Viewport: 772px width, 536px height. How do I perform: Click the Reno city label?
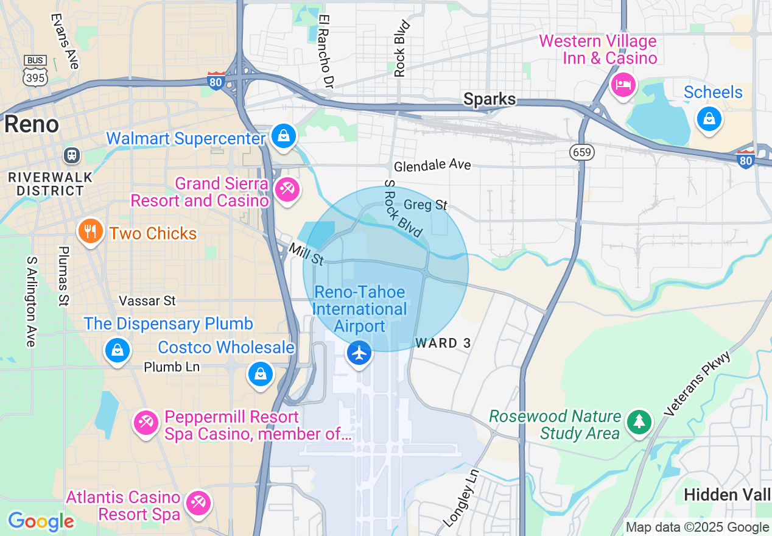click(32, 124)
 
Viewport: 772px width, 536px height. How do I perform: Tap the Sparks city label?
click(490, 99)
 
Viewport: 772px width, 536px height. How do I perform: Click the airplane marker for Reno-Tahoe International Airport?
click(359, 353)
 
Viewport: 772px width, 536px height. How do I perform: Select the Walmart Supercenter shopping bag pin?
click(284, 136)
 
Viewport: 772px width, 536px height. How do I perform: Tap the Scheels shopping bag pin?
click(709, 118)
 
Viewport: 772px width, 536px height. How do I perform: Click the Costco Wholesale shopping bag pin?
click(261, 373)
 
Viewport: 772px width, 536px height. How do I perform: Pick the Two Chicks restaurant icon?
click(90, 232)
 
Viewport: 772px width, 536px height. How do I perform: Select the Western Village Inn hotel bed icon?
click(623, 85)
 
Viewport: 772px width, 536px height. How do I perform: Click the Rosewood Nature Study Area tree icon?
click(639, 421)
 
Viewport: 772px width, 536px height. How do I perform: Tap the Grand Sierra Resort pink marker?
click(287, 189)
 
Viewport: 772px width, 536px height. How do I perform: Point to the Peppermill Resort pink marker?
click(147, 422)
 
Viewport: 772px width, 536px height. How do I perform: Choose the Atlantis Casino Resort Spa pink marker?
click(198, 503)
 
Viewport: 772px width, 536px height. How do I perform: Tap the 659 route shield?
click(583, 152)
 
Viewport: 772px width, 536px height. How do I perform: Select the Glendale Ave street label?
click(432, 166)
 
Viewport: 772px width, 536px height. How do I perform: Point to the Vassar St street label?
click(147, 301)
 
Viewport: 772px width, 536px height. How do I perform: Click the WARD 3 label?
click(443, 344)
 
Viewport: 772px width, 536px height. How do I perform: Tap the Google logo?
click(41, 521)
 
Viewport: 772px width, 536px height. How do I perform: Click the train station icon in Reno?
click(72, 155)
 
